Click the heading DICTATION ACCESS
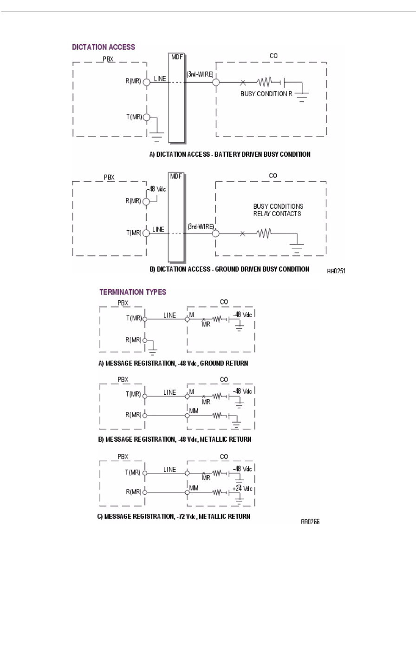[x=104, y=47]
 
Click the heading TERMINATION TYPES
[x=133, y=292]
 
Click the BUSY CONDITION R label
[x=266, y=93]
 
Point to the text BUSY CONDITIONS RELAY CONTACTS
[x=278, y=210]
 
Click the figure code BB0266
[x=310, y=522]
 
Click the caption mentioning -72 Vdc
[x=174, y=516]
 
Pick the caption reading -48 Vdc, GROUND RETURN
[x=173, y=363]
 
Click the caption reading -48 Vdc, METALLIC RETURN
[x=175, y=439]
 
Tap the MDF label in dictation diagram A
[x=177, y=57]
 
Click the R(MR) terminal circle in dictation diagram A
[x=146, y=82]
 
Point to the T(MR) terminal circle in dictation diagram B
[x=146, y=233]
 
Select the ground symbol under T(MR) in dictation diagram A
[x=157, y=135]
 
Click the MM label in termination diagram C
[x=194, y=488]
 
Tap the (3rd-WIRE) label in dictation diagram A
[x=200, y=73]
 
